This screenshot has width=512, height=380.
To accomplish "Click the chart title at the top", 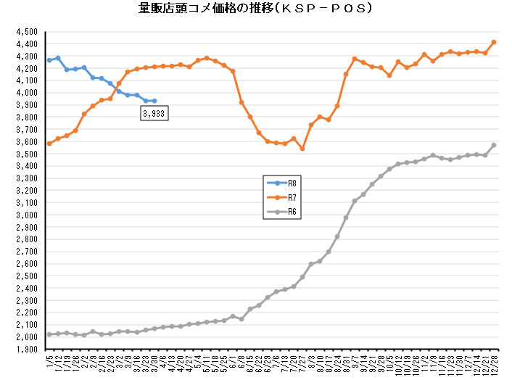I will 256,9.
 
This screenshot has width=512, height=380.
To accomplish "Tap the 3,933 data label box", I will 154,114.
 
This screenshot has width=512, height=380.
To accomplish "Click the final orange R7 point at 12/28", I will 494,42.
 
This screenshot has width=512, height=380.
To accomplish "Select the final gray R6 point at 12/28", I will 494,145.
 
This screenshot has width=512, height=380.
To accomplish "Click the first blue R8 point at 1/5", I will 49,60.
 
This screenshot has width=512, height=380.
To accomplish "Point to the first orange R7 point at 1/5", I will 49,144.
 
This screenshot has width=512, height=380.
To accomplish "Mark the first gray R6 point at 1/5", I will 49,334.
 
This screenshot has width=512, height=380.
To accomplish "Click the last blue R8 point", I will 154,101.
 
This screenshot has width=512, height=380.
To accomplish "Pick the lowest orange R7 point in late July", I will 302,149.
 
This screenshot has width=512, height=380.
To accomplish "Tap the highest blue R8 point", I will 58,58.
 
